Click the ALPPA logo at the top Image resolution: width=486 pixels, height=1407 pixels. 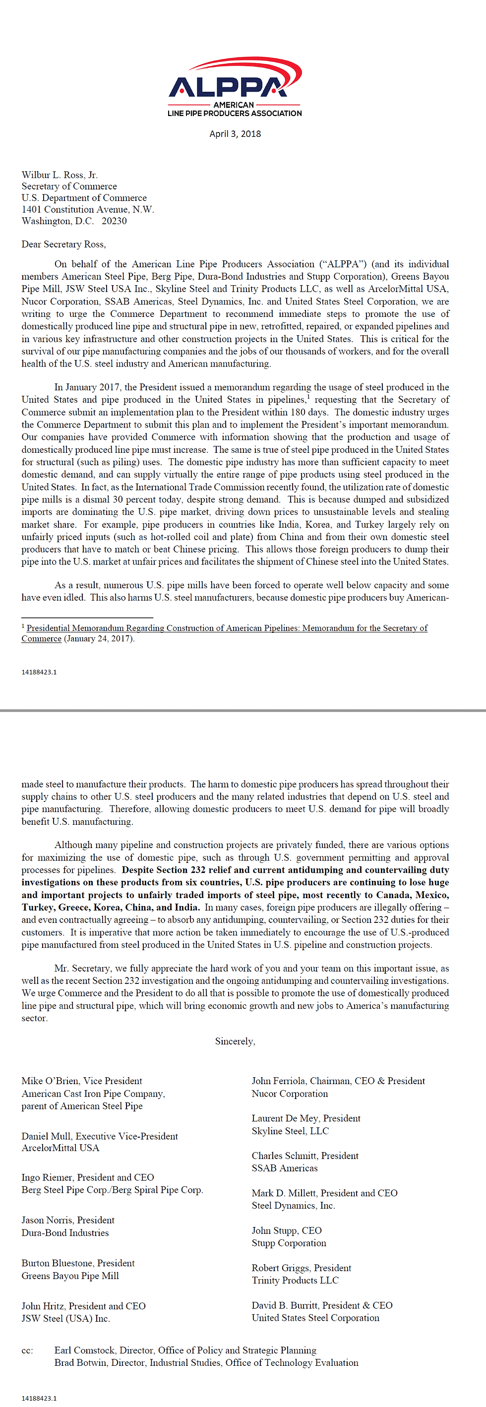235,86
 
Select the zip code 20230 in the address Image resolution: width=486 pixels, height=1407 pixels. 114,221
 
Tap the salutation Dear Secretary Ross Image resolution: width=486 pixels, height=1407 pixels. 63,244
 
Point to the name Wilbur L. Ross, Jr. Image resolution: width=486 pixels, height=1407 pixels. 60,175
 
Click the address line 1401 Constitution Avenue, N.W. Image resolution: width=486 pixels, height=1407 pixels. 87,209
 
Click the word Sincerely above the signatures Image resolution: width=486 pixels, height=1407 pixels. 234,1041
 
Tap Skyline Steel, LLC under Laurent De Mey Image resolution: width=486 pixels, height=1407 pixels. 290,1131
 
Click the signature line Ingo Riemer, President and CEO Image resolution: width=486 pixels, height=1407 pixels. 87,1177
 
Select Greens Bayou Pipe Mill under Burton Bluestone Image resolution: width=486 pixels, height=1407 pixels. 70,1276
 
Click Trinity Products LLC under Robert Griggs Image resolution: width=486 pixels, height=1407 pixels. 295,1280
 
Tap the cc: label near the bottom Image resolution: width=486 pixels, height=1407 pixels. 27,1350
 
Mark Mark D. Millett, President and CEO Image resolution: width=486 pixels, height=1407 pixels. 324,1193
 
